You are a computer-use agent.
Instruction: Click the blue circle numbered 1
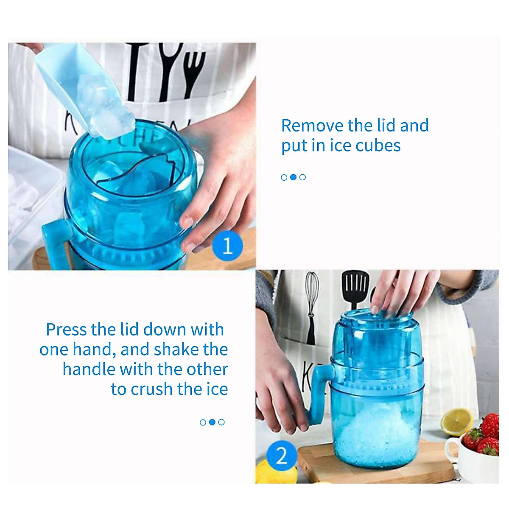(x=227, y=246)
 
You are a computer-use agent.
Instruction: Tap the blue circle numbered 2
(x=281, y=457)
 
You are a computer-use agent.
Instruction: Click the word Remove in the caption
(x=313, y=126)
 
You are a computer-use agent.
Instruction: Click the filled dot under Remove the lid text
(x=293, y=177)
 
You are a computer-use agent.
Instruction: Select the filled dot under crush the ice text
(x=212, y=422)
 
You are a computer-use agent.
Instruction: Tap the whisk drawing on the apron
(x=313, y=297)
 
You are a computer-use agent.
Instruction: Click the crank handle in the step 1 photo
(x=53, y=246)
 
